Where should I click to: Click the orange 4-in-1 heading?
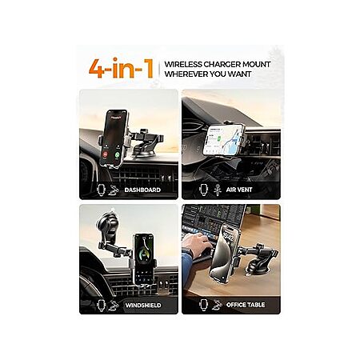coord(121,68)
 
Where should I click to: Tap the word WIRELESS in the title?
coord(183,65)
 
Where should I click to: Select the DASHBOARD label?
coord(142,190)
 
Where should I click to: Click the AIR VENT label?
coord(239,190)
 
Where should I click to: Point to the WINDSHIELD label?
coord(143,305)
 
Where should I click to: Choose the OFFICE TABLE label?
coord(246,305)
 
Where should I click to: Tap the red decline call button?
coord(106,154)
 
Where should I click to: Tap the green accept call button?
coord(117,154)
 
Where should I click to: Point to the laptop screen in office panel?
coord(214,216)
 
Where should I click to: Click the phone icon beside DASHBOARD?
coord(102,190)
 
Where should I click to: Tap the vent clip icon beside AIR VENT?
coord(218,190)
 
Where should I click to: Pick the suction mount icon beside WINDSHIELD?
coord(114,306)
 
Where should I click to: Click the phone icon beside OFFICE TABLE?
coord(204,305)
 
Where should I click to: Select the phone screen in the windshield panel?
coord(144,259)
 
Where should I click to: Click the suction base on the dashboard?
coord(144,152)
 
